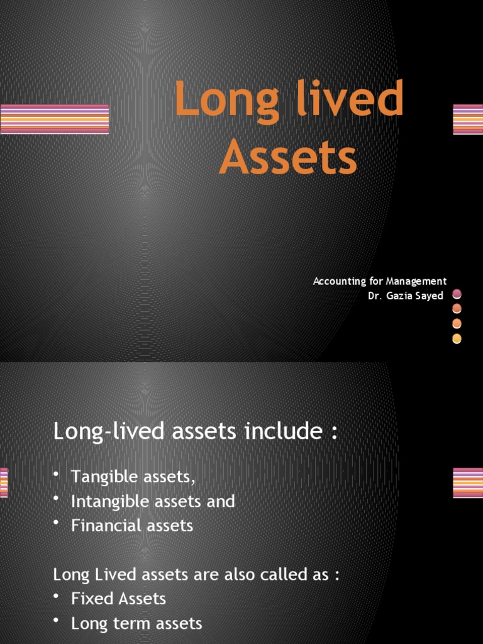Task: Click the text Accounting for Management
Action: (380, 281)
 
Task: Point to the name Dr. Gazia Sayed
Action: (406, 296)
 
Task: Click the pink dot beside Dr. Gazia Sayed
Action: (457, 294)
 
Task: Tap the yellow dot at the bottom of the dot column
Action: (457, 339)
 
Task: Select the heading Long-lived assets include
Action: (196, 431)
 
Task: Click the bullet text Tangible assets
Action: (133, 477)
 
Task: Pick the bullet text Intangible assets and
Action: (153, 501)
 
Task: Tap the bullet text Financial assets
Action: (132, 525)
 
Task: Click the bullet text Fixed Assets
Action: (118, 599)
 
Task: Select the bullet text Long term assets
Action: (136, 623)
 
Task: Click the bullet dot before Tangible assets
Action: (57, 475)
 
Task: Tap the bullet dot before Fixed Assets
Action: (57, 597)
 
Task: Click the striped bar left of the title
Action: (55, 119)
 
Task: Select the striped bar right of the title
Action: (468, 119)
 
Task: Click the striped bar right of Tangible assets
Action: (468, 483)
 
